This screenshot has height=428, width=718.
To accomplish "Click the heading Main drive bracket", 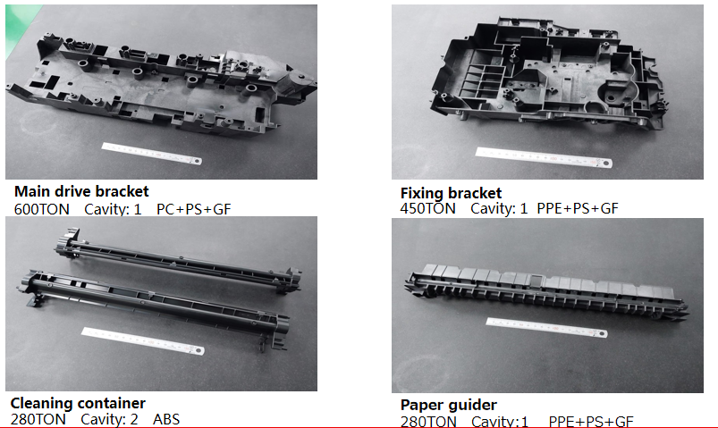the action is click(81, 191).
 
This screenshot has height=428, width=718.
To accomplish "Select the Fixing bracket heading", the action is click(451, 193).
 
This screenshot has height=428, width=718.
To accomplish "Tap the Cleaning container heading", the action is click(78, 403).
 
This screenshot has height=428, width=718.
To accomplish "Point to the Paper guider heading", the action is click(448, 405).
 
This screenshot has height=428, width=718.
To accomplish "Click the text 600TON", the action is click(42, 209).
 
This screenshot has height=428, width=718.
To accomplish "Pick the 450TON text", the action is click(427, 209).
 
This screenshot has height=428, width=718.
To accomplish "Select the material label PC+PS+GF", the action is click(194, 209).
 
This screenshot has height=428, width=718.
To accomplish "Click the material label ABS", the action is click(166, 419).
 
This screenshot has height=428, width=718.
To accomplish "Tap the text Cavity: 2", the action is click(109, 419).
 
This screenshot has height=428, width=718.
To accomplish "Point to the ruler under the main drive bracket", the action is click(152, 154).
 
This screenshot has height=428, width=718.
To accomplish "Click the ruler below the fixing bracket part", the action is click(544, 157).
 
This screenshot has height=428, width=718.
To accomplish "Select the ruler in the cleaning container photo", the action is click(143, 340).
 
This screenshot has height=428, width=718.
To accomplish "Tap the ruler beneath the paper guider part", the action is click(546, 327).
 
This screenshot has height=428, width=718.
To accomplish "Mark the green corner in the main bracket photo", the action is click(17, 23).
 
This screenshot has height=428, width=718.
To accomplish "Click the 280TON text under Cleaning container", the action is click(38, 419).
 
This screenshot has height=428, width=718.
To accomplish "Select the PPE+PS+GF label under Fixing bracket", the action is click(578, 209).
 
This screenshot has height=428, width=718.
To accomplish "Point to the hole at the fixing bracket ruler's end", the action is click(605, 163).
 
